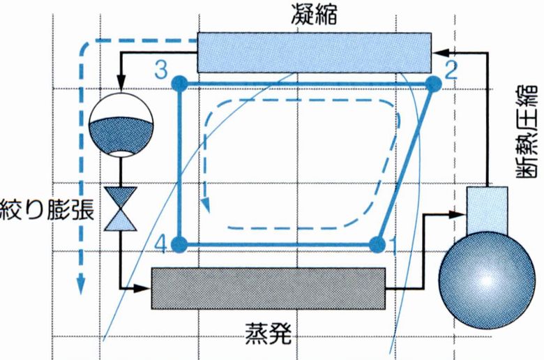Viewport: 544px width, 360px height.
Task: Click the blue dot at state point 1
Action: (x=378, y=244)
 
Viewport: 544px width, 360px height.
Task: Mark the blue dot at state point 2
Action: (x=432, y=84)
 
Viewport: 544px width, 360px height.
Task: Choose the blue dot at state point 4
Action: (x=179, y=244)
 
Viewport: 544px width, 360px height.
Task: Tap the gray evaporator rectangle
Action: (x=269, y=288)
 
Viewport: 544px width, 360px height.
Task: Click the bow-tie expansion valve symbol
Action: (x=121, y=209)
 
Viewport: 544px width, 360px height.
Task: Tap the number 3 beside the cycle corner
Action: (x=161, y=69)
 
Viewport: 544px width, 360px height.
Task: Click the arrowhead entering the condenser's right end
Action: (x=439, y=52)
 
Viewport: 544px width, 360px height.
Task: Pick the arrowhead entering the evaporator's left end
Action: (x=146, y=287)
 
